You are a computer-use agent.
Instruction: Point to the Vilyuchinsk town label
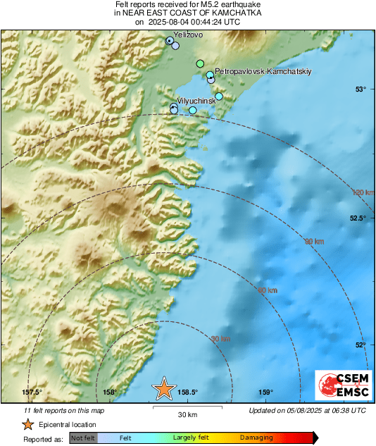click(196, 101)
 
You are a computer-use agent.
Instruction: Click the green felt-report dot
click(200, 63)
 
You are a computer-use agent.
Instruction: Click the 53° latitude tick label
click(361, 89)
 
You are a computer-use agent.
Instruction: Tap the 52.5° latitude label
click(358, 218)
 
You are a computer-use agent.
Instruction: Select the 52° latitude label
click(361, 345)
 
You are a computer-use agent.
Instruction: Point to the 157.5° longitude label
click(32, 392)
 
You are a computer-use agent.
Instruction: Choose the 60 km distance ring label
click(267, 290)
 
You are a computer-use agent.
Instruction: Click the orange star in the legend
click(27, 424)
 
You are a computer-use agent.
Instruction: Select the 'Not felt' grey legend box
click(84, 438)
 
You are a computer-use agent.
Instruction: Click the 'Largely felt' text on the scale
click(189, 438)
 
